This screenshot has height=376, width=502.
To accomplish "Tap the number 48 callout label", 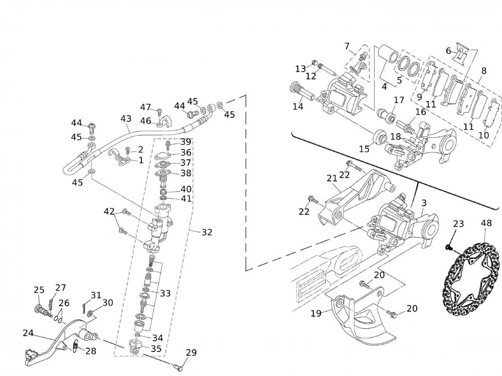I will point(486,223).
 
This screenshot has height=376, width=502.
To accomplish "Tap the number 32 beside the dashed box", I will point(207,232).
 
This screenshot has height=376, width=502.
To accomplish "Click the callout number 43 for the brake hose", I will point(125,119).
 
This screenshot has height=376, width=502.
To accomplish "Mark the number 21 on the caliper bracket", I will point(332,178).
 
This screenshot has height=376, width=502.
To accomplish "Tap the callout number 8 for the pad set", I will point(483,71).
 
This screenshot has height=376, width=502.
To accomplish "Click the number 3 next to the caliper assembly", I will point(424,203).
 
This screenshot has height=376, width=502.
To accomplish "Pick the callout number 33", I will point(165,293).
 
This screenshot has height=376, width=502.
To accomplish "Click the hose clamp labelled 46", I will point(161,122).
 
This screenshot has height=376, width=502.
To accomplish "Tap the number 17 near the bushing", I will point(399,100).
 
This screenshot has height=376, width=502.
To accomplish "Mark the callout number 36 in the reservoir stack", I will point(186,152).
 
